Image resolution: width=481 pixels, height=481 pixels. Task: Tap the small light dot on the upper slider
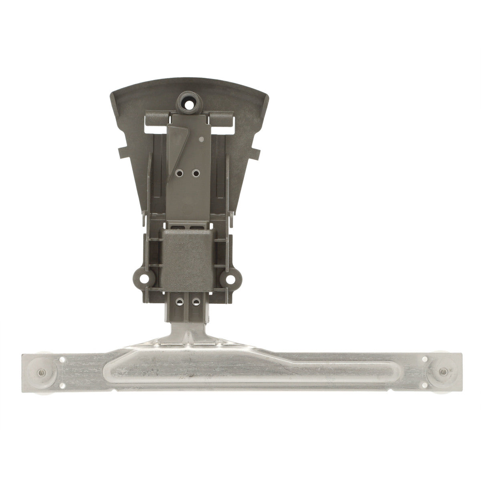pos(202,140)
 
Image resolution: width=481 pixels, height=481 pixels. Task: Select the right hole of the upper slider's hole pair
pos(196,173)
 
